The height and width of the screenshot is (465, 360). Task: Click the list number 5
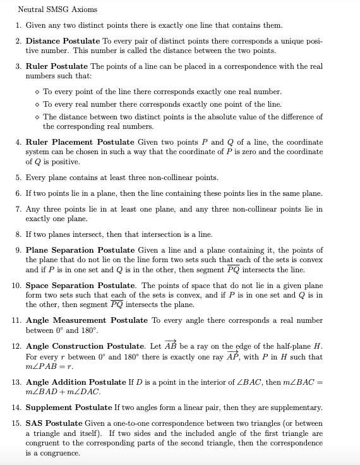click(18, 178)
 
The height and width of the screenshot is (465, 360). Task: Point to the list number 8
click(18, 234)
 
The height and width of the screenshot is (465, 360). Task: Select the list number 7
click(18, 208)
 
